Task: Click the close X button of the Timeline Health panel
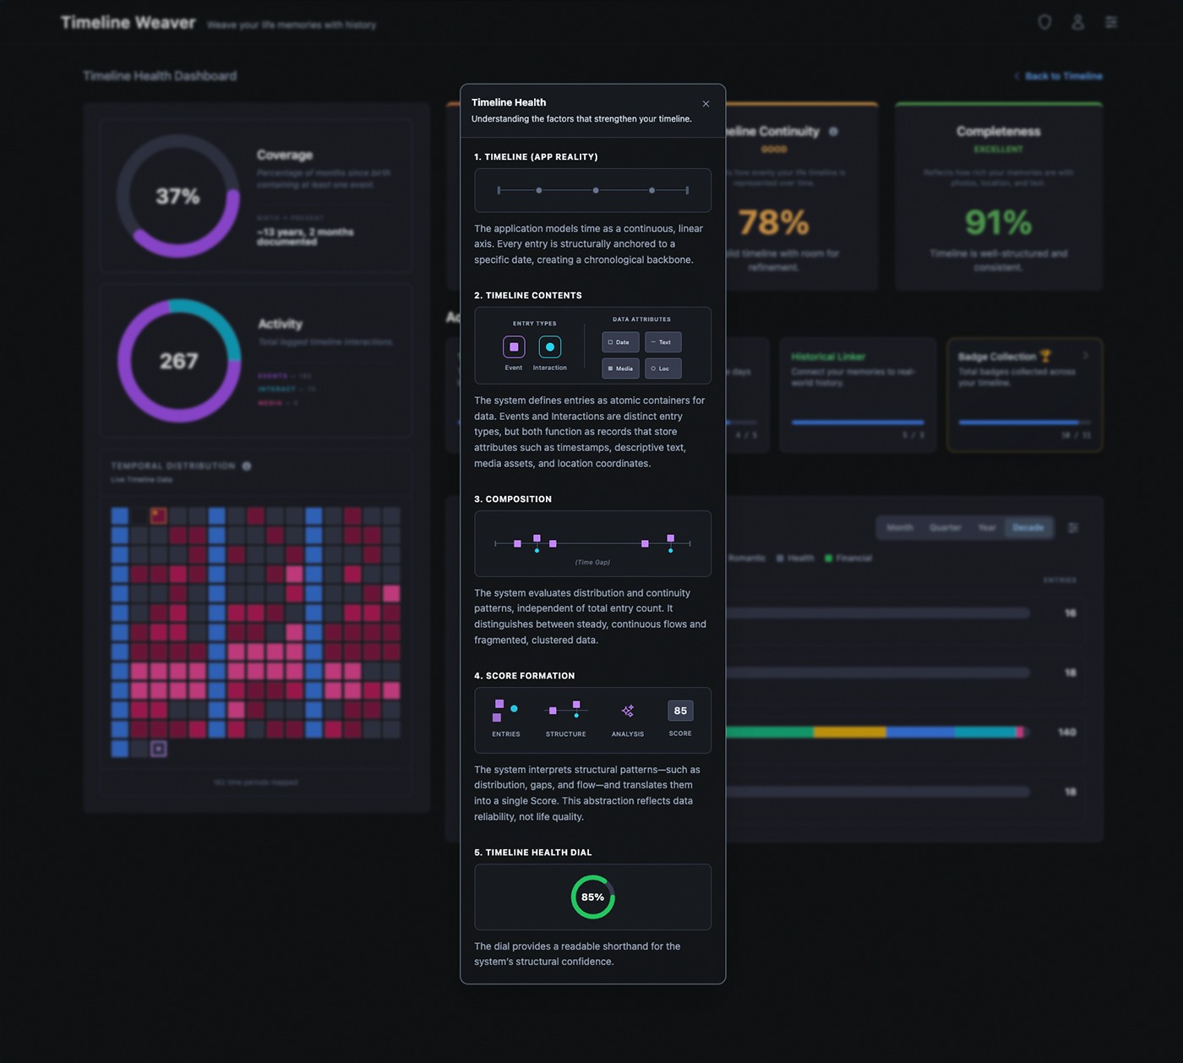706,104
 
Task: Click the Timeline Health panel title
509,102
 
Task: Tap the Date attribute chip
620,342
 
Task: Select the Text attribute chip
662,342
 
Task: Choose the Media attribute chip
620,368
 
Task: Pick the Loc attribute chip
662,368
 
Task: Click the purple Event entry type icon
514,347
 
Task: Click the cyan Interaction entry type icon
550,347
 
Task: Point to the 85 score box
680,711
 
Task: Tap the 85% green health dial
592,897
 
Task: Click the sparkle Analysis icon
628,711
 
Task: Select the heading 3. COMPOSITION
513,499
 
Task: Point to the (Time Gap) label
592,562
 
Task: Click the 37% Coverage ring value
177,197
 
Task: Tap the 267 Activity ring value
178,362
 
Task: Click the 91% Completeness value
998,223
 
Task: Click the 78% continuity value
773,223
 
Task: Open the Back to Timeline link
1062,76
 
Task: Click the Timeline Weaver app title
128,23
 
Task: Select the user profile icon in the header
1077,23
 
